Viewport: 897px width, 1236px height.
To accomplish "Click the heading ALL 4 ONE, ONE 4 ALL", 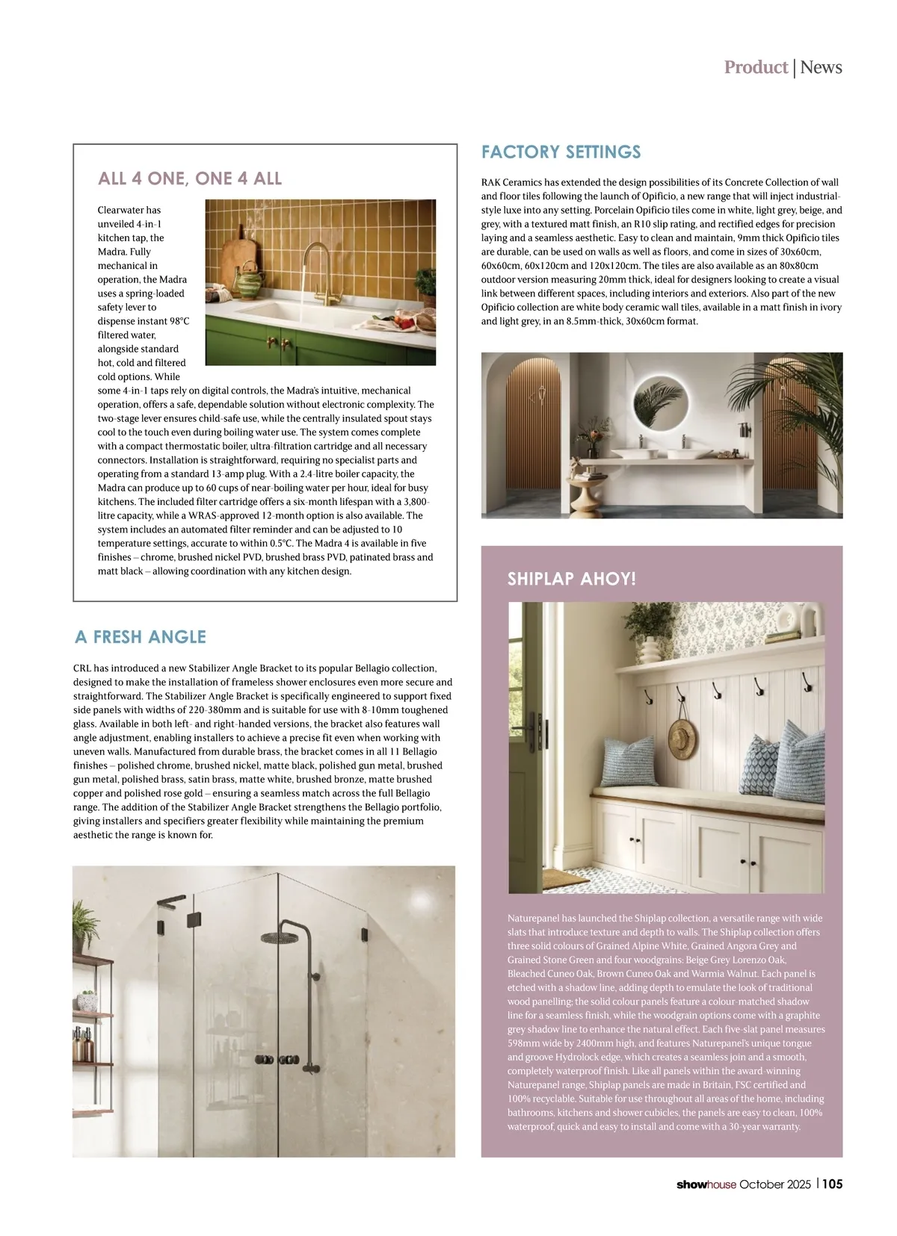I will point(190,178).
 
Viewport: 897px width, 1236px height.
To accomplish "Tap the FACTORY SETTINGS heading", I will point(561,152).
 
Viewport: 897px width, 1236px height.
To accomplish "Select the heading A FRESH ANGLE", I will point(141,637).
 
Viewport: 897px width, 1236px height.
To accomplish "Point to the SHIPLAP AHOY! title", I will point(572,579).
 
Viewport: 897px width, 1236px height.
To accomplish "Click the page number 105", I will point(833,1184).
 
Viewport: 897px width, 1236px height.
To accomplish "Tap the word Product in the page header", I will point(756,67).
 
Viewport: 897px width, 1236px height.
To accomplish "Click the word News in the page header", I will point(821,67).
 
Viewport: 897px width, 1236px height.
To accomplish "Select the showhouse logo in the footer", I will point(706,1184).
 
